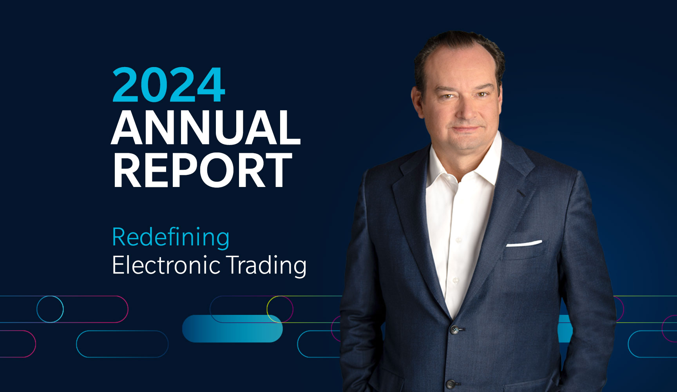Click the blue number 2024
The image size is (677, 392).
click(x=169, y=85)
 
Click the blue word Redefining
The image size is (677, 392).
click(x=170, y=237)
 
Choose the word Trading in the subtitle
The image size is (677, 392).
click(x=266, y=265)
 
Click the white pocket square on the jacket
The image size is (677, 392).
click(x=524, y=244)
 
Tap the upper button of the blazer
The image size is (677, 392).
click(x=454, y=329)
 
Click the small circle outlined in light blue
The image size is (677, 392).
click(x=50, y=309)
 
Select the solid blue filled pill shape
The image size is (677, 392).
click(x=232, y=328)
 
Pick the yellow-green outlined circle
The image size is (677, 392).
click(x=280, y=309)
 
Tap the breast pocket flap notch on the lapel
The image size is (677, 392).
click(x=521, y=193)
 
